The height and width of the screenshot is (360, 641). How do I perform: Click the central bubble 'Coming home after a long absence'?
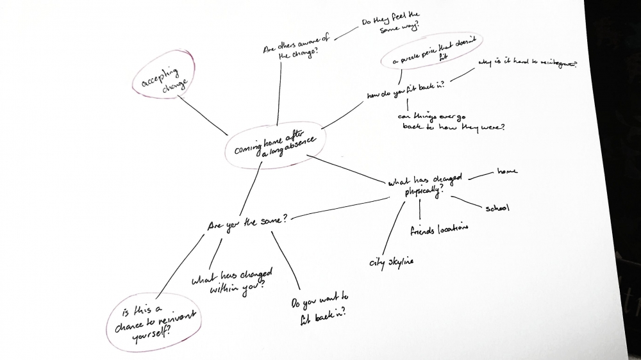(x=272, y=145)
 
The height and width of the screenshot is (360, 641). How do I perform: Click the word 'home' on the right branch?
(x=506, y=171)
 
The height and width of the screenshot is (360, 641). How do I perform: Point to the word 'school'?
(x=497, y=208)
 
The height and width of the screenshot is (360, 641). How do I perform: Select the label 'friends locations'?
(x=439, y=229)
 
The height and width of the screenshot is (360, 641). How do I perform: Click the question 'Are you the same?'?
(x=247, y=223)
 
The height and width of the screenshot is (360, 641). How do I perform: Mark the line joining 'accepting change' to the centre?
(x=203, y=116)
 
